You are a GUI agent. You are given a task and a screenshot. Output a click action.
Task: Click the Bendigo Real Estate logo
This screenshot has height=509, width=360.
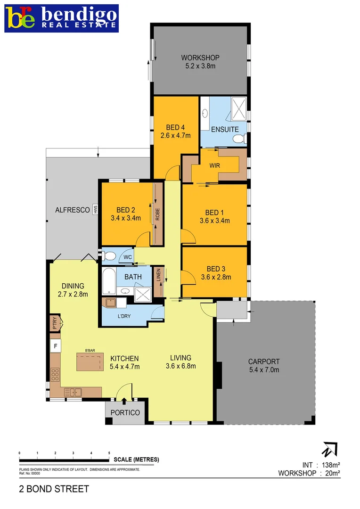tap(61, 18)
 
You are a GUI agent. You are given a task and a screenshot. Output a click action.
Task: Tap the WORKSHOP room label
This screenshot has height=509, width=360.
tap(200, 62)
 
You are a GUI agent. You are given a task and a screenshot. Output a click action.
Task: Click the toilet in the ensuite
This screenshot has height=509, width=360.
tap(239, 138)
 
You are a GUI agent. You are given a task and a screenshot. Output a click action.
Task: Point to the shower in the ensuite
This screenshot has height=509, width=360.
tap(238, 109)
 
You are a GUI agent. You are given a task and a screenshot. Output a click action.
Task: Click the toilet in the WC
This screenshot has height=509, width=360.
tap(110, 256)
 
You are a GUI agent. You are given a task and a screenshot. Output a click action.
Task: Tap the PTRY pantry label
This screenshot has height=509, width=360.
tap(55, 324)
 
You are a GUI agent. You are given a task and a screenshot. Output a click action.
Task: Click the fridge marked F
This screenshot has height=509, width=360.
tap(56, 346)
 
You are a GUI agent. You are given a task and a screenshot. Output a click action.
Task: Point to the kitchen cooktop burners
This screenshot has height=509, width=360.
tap(55, 374)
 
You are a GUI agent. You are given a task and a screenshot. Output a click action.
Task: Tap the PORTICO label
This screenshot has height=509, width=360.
tap(125, 412)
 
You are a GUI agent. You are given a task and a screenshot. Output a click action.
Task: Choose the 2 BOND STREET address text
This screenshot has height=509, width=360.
tap(54, 489)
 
